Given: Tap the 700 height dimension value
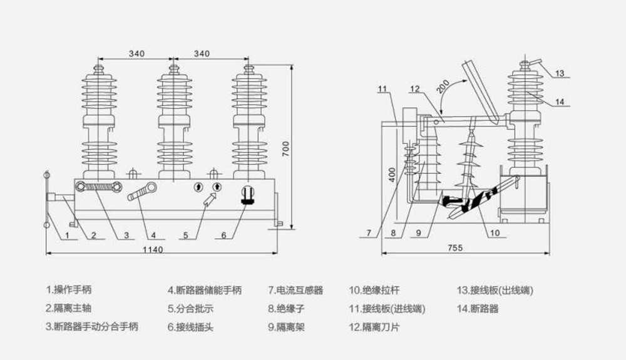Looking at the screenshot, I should (286, 148).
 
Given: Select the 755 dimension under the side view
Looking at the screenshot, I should (455, 248).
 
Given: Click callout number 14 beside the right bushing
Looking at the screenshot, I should (560, 101).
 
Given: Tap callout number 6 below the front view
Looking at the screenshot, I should (223, 235).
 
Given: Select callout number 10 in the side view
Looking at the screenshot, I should (495, 233).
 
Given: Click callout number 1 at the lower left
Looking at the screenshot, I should (66, 235).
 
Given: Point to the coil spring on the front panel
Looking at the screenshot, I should (101, 187).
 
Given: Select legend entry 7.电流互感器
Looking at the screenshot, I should (295, 290).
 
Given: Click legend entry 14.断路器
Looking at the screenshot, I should (478, 308).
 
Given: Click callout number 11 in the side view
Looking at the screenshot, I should (384, 89).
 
